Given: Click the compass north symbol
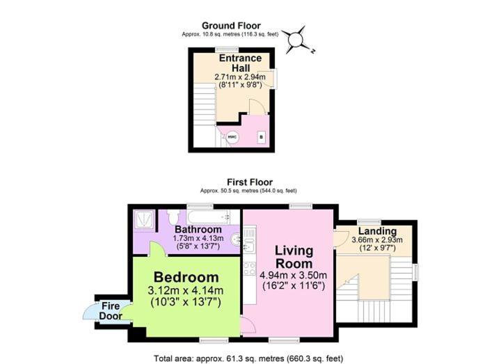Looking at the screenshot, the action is pyautogui.click(x=296, y=40).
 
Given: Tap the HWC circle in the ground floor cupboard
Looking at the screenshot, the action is pyautogui.click(x=232, y=137).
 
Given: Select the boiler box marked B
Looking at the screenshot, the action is pyautogui.click(x=262, y=137).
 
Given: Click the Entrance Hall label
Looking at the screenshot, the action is pyautogui.click(x=241, y=63).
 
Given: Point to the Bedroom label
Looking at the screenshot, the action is pyautogui.click(x=186, y=277).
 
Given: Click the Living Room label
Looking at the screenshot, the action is pyautogui.click(x=294, y=257).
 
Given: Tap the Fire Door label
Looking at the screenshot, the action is pyautogui.click(x=111, y=311).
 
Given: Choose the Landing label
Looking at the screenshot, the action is pyautogui.click(x=377, y=231).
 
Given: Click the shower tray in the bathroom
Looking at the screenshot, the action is pyautogui.click(x=144, y=219).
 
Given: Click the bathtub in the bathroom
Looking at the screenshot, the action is pyautogui.click(x=209, y=216).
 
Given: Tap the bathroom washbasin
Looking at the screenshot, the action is pyautogui.click(x=236, y=239).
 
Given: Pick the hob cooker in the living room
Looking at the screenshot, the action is pyautogui.click(x=250, y=269).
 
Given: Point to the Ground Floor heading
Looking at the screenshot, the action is pyautogui.click(x=231, y=26).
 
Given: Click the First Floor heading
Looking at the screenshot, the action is pyautogui.click(x=250, y=182).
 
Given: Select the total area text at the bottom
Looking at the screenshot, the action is pyautogui.click(x=248, y=358).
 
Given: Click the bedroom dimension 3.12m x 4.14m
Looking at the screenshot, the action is pyautogui.click(x=185, y=291).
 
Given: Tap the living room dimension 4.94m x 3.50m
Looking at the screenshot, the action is pyautogui.click(x=294, y=275).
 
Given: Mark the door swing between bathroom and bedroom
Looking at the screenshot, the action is pyautogui.click(x=157, y=248).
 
